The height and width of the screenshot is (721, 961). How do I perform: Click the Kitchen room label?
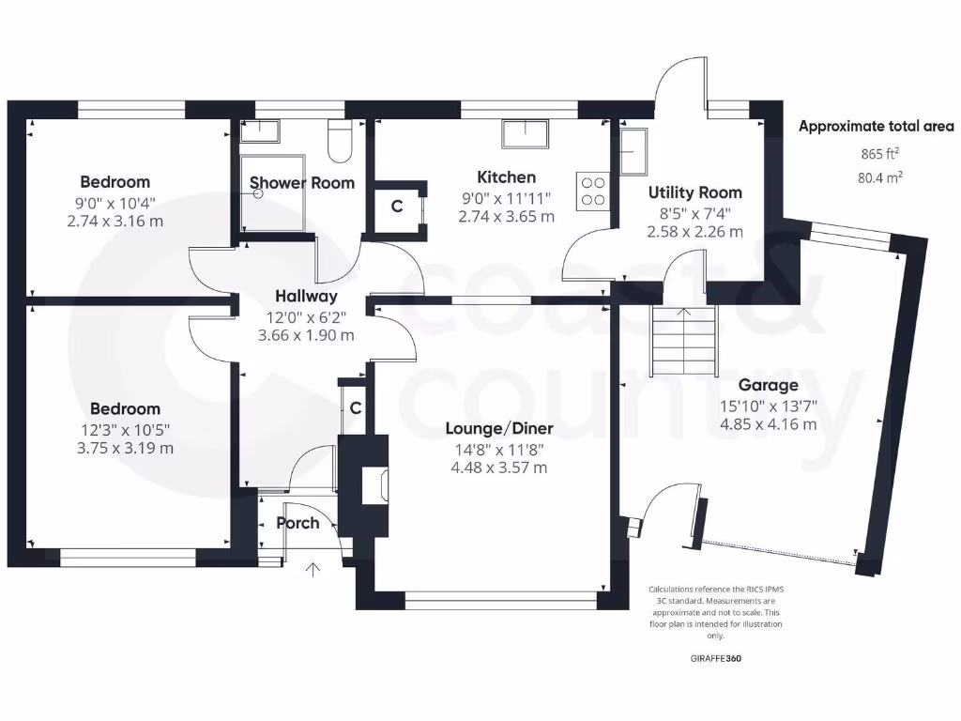506,176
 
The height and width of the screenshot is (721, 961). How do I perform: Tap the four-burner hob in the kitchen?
593,191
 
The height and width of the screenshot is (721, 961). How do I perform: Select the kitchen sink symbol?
527,134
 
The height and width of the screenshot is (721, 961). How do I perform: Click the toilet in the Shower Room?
339,141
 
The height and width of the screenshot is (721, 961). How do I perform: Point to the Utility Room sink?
633,150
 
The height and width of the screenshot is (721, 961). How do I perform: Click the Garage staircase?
683,343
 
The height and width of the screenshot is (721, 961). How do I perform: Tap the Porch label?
297,523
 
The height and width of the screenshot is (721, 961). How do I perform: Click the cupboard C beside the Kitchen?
397,207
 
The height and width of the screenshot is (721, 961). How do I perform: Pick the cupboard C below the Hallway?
356,408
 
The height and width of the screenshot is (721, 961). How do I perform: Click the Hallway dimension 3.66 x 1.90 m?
307,335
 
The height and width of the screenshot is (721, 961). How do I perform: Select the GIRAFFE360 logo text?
715,658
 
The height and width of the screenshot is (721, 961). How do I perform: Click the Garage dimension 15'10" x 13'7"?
769,406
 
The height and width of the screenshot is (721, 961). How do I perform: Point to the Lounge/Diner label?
499,429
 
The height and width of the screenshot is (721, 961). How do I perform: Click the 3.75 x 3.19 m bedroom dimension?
126,448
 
